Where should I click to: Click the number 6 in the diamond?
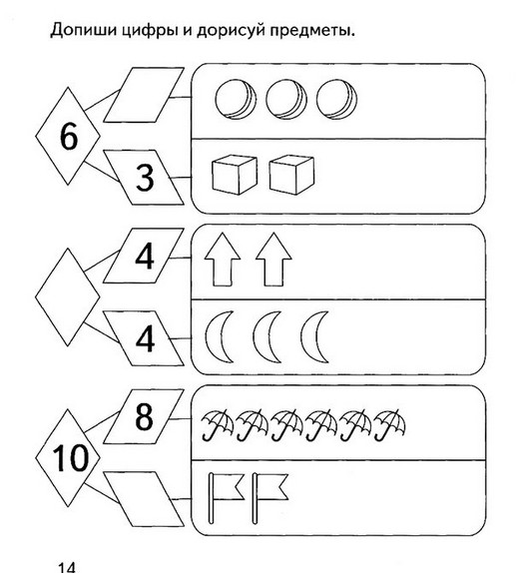pyautogui.click(x=69, y=136)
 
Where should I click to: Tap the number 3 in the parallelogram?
pyautogui.click(x=145, y=178)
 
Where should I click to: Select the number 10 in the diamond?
pyautogui.click(x=70, y=457)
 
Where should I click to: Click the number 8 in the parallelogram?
pyautogui.click(x=144, y=416)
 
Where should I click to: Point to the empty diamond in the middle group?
pyautogui.click(x=68, y=296)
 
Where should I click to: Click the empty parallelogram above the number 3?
pyautogui.click(x=144, y=95)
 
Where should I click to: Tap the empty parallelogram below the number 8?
pyautogui.click(x=144, y=499)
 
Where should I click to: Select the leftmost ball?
pyautogui.click(x=236, y=99)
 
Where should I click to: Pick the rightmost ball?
pyautogui.click(x=336, y=99)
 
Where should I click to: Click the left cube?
pyautogui.click(x=235, y=175)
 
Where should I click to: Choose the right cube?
pyautogui.click(x=291, y=175)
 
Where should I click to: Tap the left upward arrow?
pyautogui.click(x=223, y=260)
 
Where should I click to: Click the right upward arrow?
pyautogui.click(x=273, y=260)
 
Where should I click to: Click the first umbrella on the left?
pyautogui.click(x=218, y=424)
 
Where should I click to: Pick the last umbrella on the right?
pyautogui.click(x=389, y=424)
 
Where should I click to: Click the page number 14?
pyautogui.click(x=67, y=568)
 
